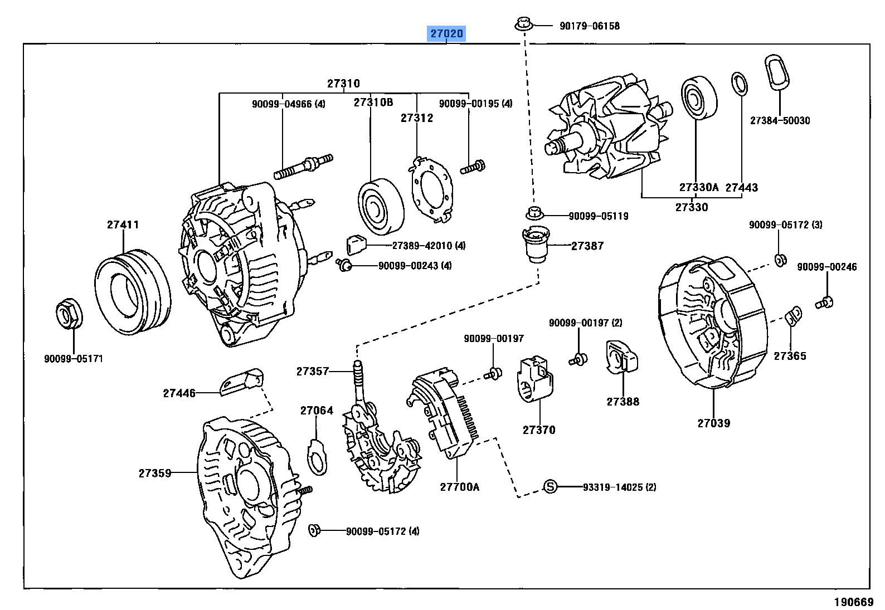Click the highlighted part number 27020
tap(446, 34)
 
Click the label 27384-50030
tap(780, 120)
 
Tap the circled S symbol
tap(550, 487)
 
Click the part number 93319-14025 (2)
tap(619, 487)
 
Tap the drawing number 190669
tap(852, 602)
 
